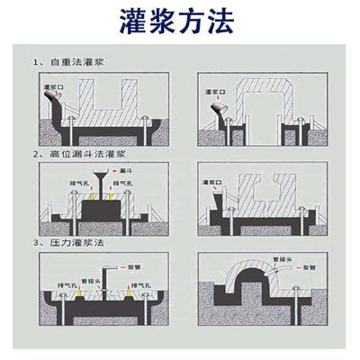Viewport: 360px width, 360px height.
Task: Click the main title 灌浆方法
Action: pyautogui.click(x=181, y=22)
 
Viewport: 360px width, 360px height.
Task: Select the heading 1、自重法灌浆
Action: pyautogui.click(x=67, y=63)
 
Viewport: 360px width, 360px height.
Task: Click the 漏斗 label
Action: pyautogui.click(x=127, y=169)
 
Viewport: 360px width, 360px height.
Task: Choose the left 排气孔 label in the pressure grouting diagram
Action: pyautogui.click(x=70, y=287)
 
